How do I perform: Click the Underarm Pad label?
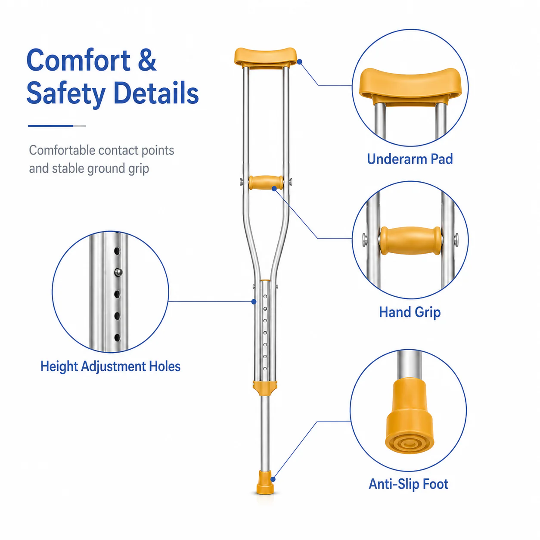410,159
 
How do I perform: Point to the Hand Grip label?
410,312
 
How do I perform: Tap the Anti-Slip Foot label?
408,484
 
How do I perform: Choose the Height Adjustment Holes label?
110,366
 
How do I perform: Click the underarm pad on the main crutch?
265,57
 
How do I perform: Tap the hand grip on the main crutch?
266,183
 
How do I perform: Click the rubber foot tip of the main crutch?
265,482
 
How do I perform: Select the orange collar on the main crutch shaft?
265,388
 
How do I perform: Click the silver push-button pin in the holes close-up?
118,272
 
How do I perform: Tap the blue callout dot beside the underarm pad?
300,62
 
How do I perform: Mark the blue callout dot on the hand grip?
274,189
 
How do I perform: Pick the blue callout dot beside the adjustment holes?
254,301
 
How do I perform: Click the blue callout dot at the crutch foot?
273,479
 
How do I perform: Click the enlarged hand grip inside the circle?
410,240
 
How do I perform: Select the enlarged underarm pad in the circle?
410,85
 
